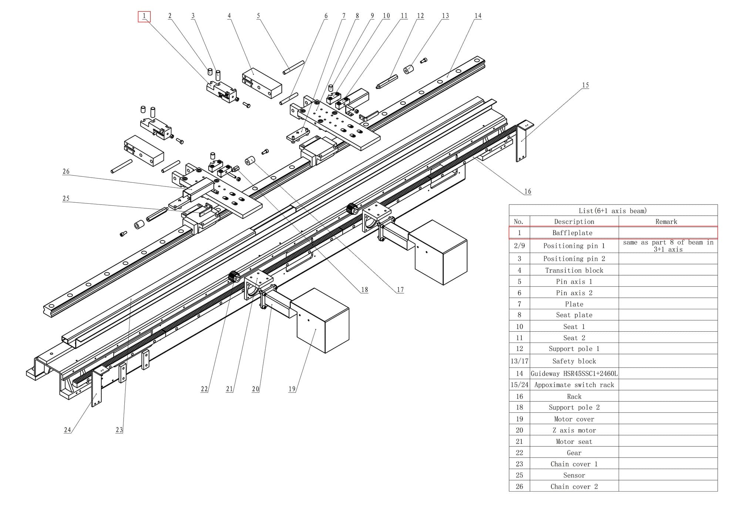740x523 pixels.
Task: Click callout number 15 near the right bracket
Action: coord(585,85)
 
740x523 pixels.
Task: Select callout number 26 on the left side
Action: coord(66,171)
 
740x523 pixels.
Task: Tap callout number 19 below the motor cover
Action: coord(292,389)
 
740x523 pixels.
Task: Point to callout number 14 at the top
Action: coord(478,16)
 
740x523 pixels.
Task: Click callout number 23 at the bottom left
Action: coord(119,430)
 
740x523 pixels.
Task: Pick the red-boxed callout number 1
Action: coord(144,16)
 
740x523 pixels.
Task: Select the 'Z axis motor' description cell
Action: coord(574,430)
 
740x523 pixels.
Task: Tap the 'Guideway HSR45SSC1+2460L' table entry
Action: coord(574,374)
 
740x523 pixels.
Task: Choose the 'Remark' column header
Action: coord(666,222)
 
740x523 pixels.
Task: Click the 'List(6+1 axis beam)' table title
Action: coord(612,211)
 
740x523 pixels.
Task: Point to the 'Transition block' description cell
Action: coord(574,270)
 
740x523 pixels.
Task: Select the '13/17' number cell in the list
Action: coord(519,361)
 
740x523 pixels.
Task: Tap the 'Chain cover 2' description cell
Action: coord(574,486)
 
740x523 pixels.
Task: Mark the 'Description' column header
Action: coord(574,222)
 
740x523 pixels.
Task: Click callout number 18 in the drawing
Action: coord(364,290)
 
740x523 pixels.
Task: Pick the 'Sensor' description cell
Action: coord(574,475)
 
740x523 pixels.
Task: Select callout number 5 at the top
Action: coord(258,16)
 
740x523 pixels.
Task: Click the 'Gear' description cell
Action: coord(574,453)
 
